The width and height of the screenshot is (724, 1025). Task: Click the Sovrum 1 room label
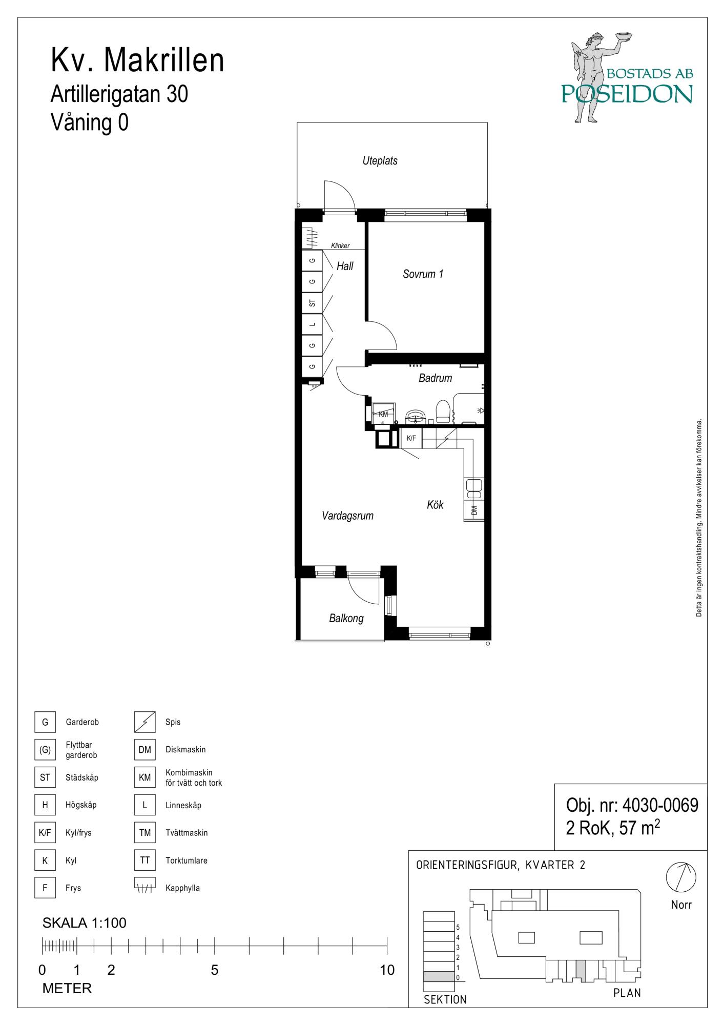click(x=423, y=274)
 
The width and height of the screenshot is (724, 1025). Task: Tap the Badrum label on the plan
click(x=435, y=378)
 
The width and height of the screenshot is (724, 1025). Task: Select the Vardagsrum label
click(x=347, y=516)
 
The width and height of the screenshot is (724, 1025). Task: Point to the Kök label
click(x=435, y=505)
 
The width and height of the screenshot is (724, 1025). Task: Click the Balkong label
click(x=346, y=619)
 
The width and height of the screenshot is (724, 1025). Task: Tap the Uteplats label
click(x=380, y=161)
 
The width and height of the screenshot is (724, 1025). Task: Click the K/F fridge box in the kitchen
click(x=411, y=438)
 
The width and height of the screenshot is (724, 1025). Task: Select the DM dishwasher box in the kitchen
click(x=474, y=510)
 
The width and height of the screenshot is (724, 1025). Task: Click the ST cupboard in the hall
click(x=312, y=303)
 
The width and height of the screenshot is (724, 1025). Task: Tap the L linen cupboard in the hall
click(x=312, y=324)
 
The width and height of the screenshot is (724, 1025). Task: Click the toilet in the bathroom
click(x=442, y=412)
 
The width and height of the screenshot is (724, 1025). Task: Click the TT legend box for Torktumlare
click(x=145, y=860)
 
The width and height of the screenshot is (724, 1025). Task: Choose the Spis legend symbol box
click(x=145, y=722)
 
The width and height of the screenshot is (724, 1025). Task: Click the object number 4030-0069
click(x=660, y=805)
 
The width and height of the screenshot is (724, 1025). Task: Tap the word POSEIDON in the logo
click(x=627, y=94)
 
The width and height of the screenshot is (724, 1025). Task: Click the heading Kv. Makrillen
click(x=137, y=60)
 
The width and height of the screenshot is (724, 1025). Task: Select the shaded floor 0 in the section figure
click(x=439, y=977)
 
